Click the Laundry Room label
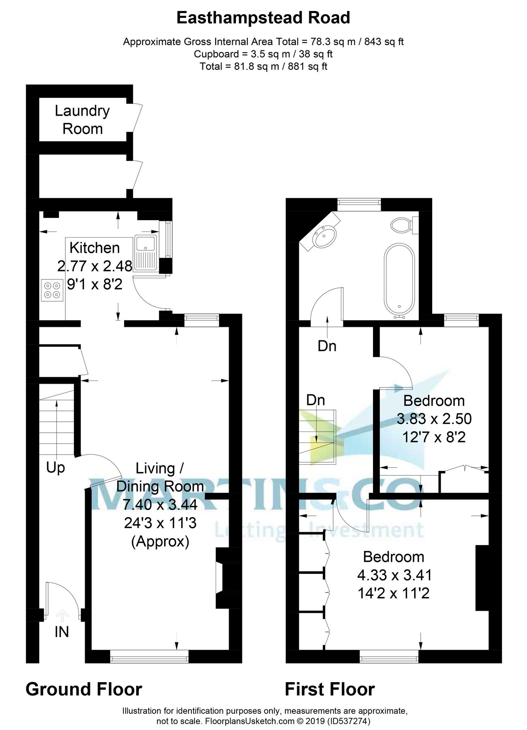(x=82, y=120)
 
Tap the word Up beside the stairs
(x=56, y=468)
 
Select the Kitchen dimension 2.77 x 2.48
(x=95, y=266)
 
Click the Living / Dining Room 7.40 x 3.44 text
(x=161, y=505)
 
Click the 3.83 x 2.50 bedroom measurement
(x=434, y=419)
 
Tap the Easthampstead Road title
(x=263, y=18)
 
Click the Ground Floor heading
(x=84, y=689)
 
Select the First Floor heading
(x=330, y=689)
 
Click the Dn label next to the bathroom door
(x=327, y=346)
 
